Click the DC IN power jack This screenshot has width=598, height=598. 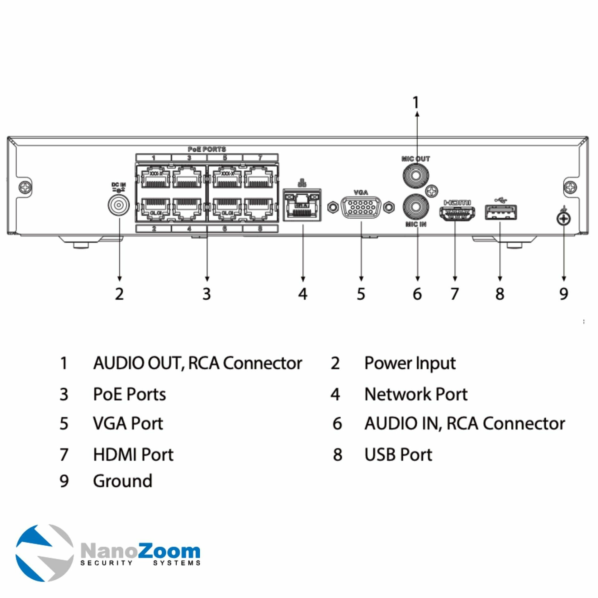tap(119, 205)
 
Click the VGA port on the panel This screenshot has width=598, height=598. tap(361, 207)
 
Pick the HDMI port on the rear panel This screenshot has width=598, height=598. tap(457, 213)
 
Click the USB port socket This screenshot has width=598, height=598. tap(501, 212)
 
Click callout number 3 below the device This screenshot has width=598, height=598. tap(207, 294)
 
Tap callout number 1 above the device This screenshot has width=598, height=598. tap(416, 102)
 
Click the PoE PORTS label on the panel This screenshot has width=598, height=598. tap(207, 149)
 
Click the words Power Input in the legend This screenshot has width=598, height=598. tap(410, 363)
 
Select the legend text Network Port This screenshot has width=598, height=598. tap(416, 394)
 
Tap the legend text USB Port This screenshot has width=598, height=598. tap(398, 455)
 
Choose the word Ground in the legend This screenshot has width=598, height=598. tap(123, 481)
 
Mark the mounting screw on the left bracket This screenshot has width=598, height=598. tap(25, 187)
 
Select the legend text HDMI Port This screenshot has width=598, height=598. tap(133, 455)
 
